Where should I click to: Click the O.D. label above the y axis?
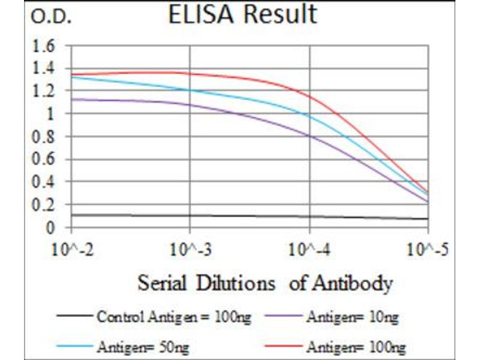pos(51,18)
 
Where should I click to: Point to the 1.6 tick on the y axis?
pos(46,46)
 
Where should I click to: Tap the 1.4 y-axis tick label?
pos(46,68)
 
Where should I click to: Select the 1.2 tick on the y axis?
pos(46,91)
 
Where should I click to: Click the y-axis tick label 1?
pos(52,114)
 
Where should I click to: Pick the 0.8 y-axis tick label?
pos(46,137)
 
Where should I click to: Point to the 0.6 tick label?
pos(46,160)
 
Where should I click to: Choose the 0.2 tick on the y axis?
pos(46,205)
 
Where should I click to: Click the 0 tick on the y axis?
pos(52,228)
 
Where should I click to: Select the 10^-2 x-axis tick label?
pos(72,248)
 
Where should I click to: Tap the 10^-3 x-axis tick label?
pos(190,248)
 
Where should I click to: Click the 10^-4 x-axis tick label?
pos(310,248)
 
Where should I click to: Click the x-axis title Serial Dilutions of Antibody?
pos(265,283)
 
